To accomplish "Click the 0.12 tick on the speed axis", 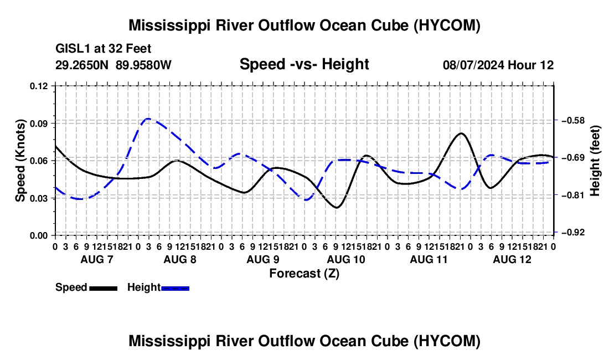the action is coord(39,86).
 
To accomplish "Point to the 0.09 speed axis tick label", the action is coord(39,124).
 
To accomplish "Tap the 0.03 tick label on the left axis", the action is coord(39,198).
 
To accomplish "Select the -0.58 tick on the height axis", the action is coord(573,120).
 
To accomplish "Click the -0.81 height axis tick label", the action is coord(573,195).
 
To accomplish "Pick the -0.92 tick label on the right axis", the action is coord(573,232).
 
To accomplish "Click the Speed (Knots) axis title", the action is coord(20,161).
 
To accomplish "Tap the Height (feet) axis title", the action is coord(595,161).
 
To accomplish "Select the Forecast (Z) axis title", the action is coord(304,274).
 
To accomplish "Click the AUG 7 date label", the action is coord(97,259).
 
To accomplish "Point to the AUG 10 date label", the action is coord(346,259).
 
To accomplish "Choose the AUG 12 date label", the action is coord(512,259).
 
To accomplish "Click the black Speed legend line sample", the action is coord(104,288).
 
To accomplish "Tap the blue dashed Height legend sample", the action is coord(175,288).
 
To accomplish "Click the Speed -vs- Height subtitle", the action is coord(304,64).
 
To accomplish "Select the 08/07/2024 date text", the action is coord(473,65).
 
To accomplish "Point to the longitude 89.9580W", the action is coord(143,65).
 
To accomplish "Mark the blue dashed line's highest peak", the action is coord(148,119).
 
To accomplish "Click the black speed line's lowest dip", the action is coord(337,207).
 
